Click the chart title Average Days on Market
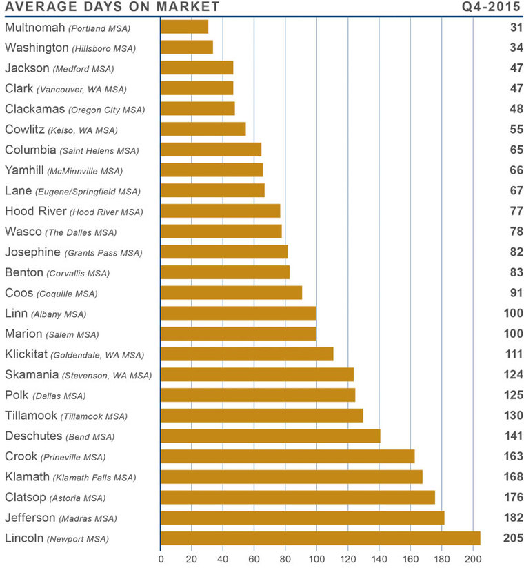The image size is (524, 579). [112, 8]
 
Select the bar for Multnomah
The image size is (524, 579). [184, 28]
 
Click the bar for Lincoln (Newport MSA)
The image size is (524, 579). [320, 538]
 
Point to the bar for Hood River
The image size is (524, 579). [220, 211]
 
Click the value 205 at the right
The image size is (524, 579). [513, 538]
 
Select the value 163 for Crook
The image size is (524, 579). [513, 456]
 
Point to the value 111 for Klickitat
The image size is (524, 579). [513, 354]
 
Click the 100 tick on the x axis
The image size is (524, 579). [316, 560]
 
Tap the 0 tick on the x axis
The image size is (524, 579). [161, 560]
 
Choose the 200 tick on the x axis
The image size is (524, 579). [472, 560]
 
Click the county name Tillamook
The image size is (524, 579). [31, 416]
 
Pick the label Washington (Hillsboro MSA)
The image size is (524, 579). [70, 48]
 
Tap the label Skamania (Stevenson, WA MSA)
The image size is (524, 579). [78, 375]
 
